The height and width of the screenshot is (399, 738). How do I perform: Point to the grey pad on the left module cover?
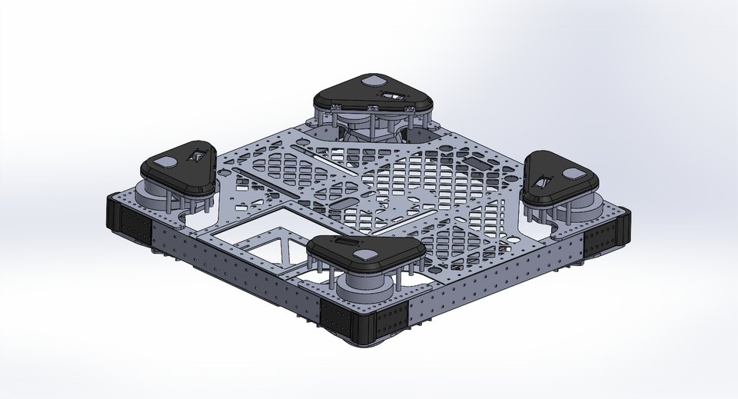click(164, 161)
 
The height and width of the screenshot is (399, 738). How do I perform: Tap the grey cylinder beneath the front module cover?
click(366, 288)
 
